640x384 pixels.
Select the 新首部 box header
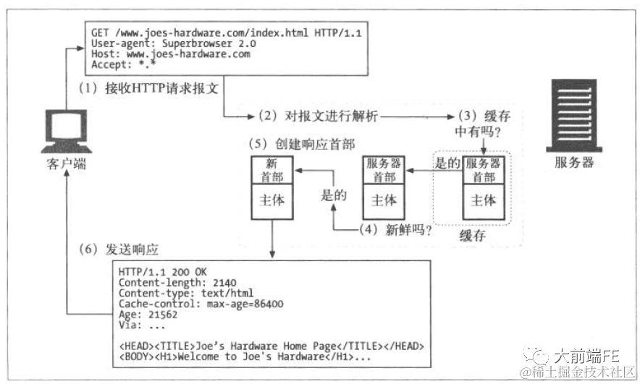(271, 169)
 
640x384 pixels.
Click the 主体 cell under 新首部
(271, 199)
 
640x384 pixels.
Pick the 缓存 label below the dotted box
(472, 236)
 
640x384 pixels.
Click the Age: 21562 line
(149, 315)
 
